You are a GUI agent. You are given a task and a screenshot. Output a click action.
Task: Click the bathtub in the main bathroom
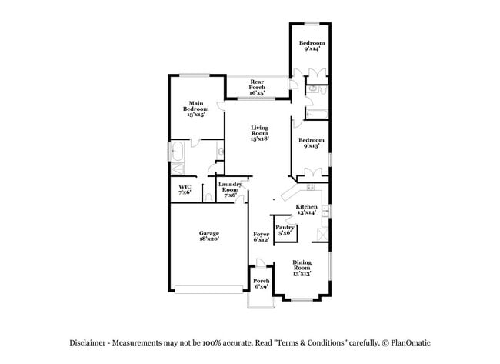[178, 149]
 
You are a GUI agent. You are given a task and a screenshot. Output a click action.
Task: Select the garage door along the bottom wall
[207, 289]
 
